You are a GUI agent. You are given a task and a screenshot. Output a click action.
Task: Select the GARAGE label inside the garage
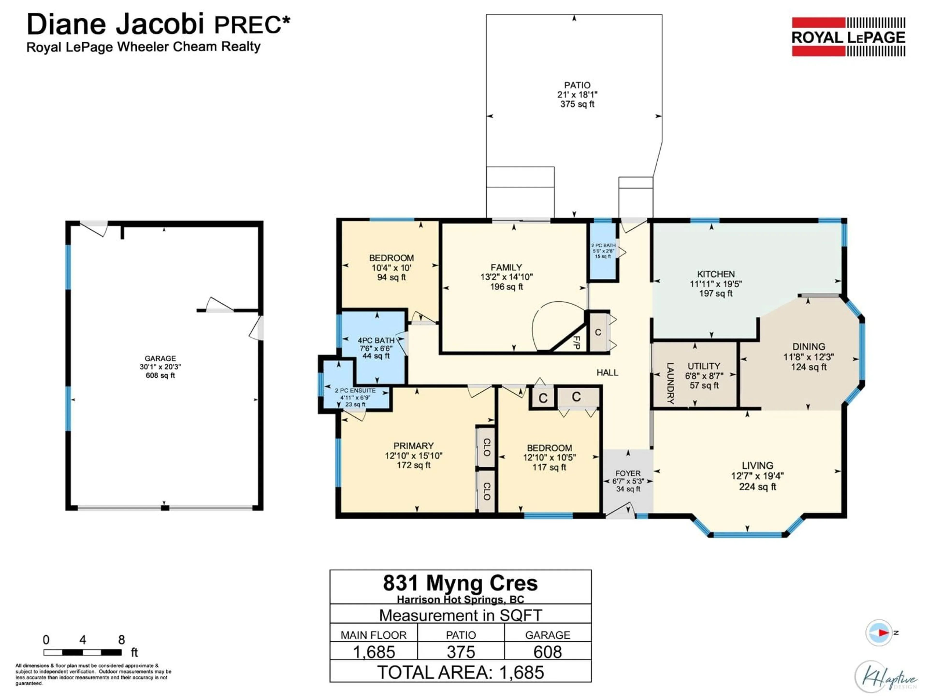(x=160, y=358)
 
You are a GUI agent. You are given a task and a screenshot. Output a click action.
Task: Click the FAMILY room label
(x=506, y=267)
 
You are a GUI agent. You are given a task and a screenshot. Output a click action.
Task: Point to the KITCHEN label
(x=716, y=274)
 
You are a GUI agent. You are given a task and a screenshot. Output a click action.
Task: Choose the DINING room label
(x=808, y=347)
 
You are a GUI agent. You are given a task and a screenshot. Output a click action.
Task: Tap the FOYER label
(x=628, y=473)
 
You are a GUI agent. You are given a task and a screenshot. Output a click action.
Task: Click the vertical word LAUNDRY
(x=670, y=383)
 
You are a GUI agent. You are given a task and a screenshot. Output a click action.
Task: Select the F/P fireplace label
(x=577, y=343)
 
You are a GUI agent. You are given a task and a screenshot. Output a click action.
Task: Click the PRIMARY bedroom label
(x=413, y=446)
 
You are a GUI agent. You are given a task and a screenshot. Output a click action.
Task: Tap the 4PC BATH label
(x=376, y=340)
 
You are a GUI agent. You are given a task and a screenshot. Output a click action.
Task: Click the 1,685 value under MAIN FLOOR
(x=374, y=652)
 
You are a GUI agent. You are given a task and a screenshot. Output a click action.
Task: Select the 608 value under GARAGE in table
(x=547, y=652)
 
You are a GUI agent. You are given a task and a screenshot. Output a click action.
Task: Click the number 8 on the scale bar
(x=121, y=640)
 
